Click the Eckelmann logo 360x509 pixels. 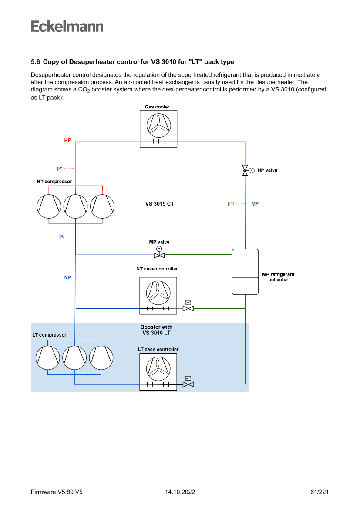pos(67,27)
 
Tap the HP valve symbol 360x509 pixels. pos(246,170)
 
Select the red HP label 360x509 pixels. pos(67,141)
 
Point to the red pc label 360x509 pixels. pos(60,168)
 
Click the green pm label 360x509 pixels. pos(231,204)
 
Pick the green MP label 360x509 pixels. pos(255,204)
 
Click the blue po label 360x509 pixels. pos(62,236)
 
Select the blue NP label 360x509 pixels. pos(67,277)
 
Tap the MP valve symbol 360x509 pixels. pos(159,254)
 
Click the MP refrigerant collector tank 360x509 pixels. pos(245,272)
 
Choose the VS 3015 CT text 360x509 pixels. pos(160,204)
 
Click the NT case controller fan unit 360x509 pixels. pos(158,293)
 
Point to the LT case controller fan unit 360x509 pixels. pos(158,369)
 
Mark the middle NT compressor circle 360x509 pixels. pos(76,206)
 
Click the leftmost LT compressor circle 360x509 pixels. pos(48,357)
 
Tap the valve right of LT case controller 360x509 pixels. pos(188,384)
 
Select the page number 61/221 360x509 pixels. pos(320,492)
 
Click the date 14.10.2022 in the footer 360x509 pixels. pos(180,492)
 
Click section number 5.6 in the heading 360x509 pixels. pos(35,62)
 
